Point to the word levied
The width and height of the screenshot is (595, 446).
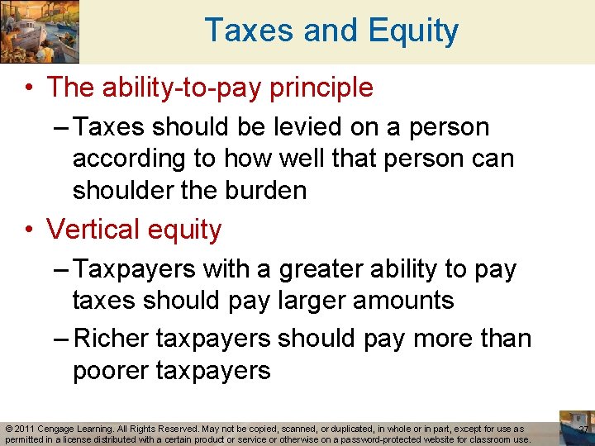pos(289,127)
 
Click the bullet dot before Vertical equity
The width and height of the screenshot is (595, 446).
pos(29,230)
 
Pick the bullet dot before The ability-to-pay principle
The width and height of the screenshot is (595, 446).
pos(29,88)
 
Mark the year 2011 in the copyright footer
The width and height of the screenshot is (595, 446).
pos(23,429)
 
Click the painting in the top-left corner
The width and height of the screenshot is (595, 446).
pos(40,31)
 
